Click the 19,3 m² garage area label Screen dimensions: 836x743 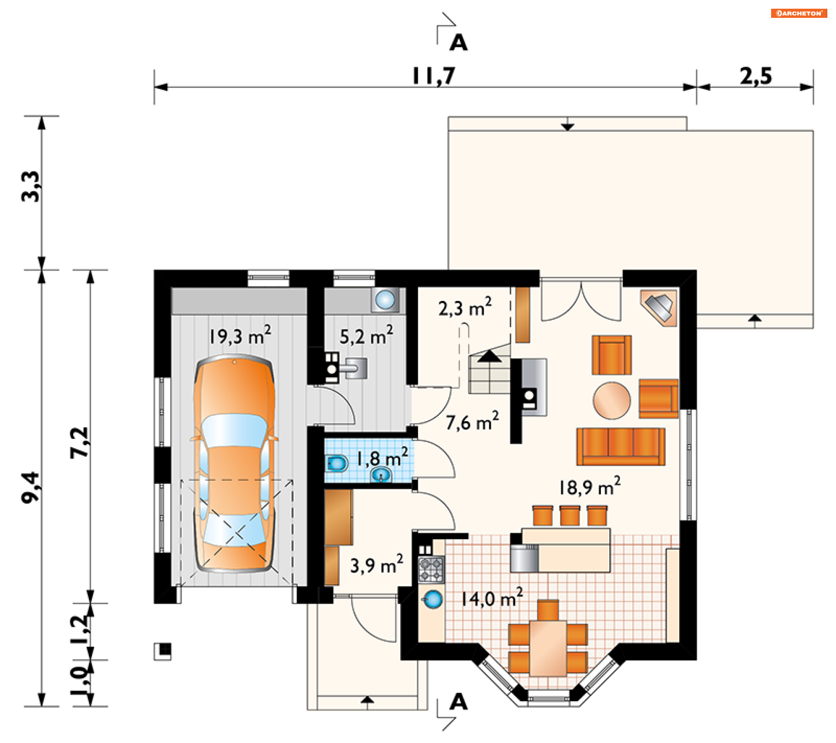[x=240, y=335]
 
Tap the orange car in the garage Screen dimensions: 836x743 [x=235, y=463]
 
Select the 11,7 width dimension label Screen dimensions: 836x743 [x=434, y=76]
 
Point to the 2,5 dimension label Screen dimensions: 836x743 [x=756, y=76]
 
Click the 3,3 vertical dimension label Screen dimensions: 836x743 [x=31, y=186]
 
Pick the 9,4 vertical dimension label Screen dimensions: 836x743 [x=31, y=487]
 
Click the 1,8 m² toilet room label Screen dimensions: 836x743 [x=382, y=457]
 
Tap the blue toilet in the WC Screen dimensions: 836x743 [x=337, y=464]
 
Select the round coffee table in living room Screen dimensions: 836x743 [x=612, y=400]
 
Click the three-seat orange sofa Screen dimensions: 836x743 [x=621, y=447]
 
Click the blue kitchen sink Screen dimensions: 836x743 [x=433, y=600]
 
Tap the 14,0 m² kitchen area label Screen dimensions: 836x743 [x=492, y=598]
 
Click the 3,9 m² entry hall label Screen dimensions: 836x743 [x=377, y=565]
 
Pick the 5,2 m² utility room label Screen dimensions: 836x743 [x=366, y=336]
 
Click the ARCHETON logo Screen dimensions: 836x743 [x=799, y=13]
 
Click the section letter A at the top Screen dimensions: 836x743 [x=458, y=43]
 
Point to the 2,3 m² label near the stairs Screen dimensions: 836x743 [x=465, y=307]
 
